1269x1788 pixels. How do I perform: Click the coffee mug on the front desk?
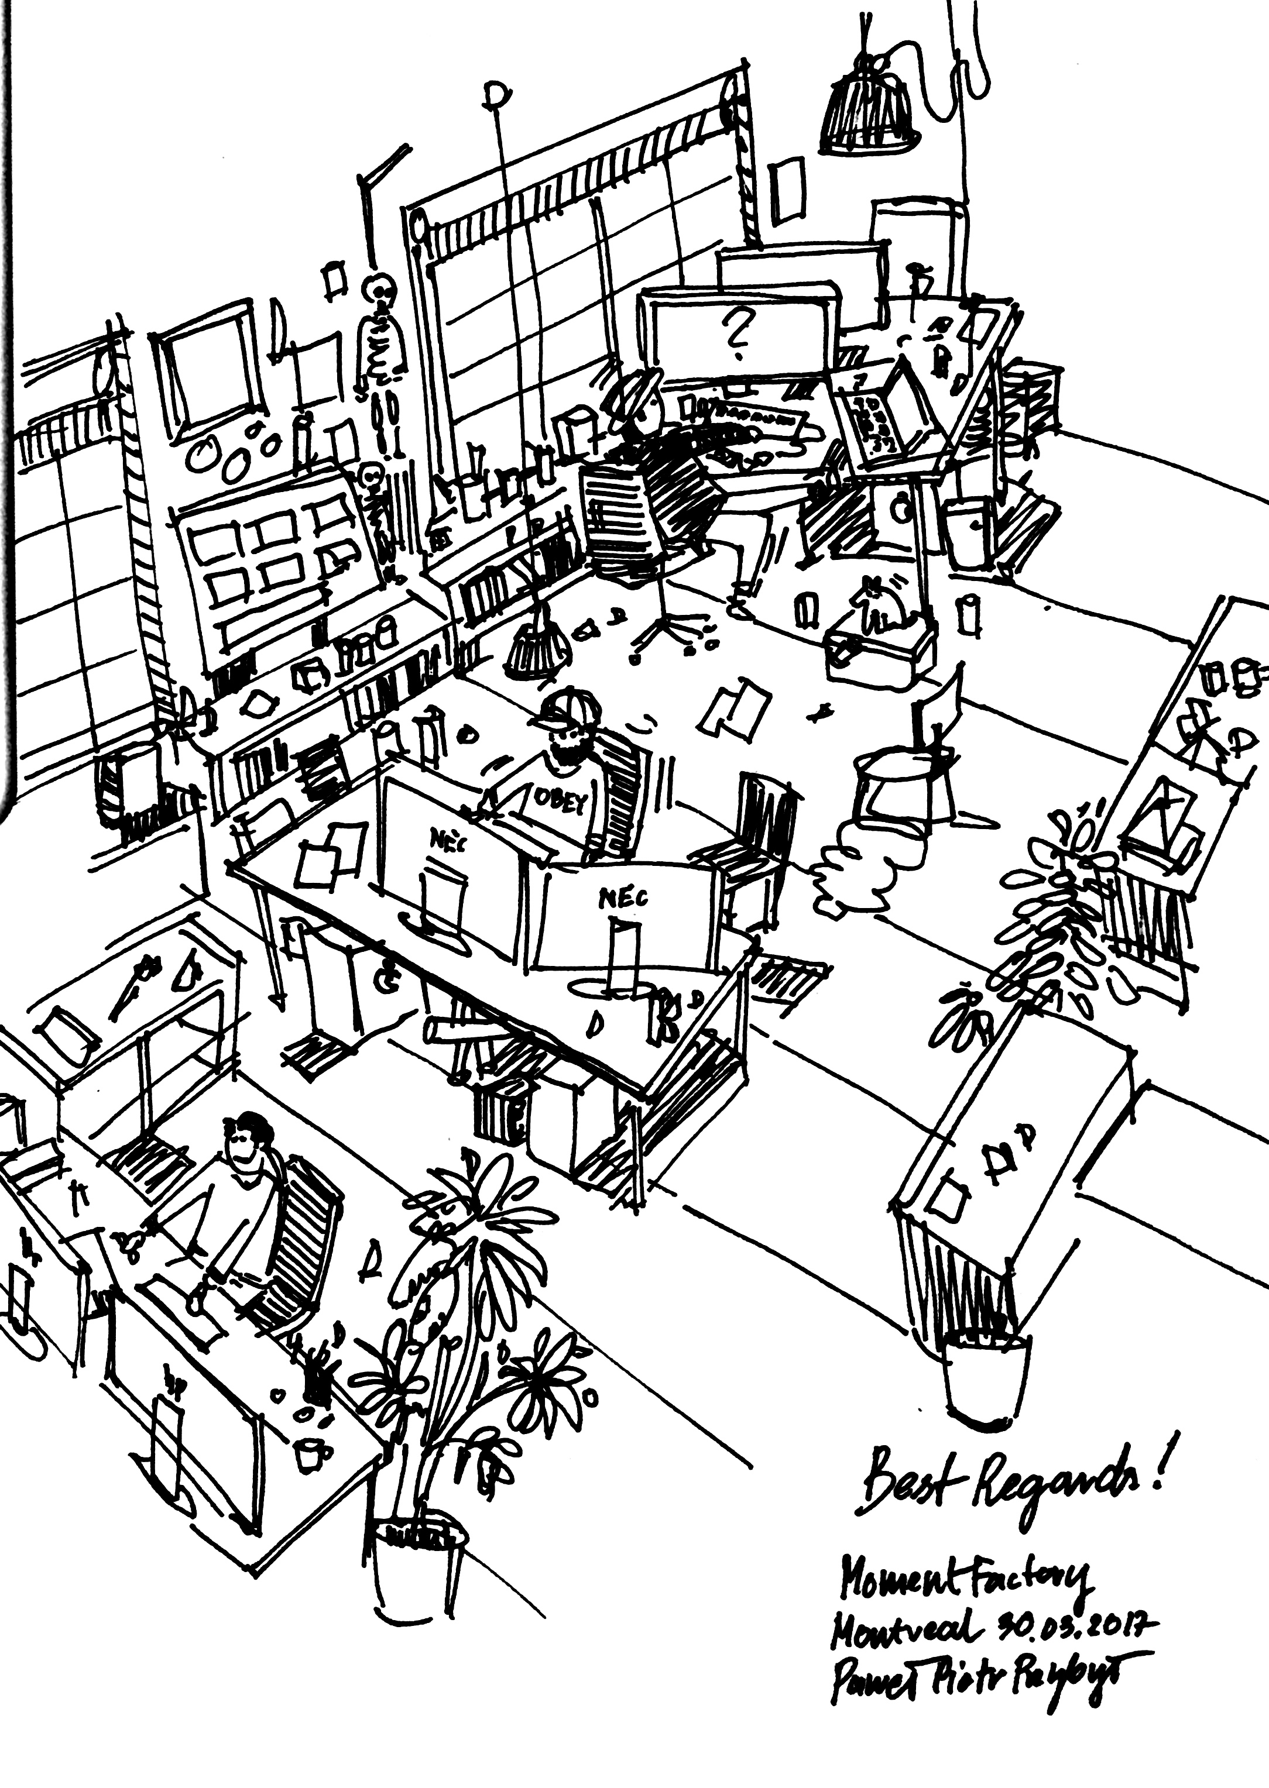tap(311, 1452)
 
